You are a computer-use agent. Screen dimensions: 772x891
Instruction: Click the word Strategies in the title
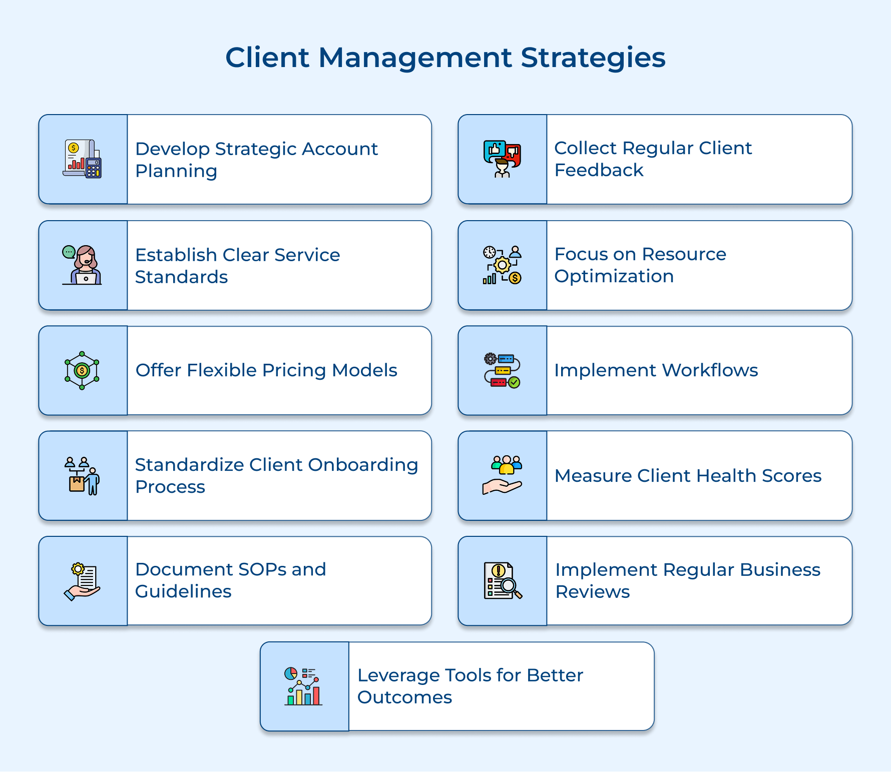click(593, 58)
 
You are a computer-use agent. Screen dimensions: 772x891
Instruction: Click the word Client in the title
click(267, 58)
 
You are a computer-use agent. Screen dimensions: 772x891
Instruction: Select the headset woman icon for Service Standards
click(83, 265)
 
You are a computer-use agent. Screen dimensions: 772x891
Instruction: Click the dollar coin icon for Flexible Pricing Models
click(82, 371)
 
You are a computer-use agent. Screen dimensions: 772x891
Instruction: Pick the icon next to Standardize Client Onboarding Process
click(83, 476)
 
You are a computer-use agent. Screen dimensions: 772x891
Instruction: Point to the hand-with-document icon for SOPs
click(83, 581)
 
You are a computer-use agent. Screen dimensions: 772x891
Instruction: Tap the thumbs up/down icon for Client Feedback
click(502, 159)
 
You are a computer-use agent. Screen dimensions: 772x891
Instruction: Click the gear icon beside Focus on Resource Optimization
click(502, 265)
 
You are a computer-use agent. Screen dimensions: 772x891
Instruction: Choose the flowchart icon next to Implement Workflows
click(502, 371)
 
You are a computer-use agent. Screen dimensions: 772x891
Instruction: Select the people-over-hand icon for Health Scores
click(502, 475)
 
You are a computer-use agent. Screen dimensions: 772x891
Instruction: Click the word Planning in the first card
click(176, 171)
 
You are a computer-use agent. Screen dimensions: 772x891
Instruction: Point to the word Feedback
click(599, 170)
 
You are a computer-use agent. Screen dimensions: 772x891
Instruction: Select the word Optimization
click(614, 276)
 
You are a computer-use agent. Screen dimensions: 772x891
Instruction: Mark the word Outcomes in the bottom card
click(404, 697)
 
